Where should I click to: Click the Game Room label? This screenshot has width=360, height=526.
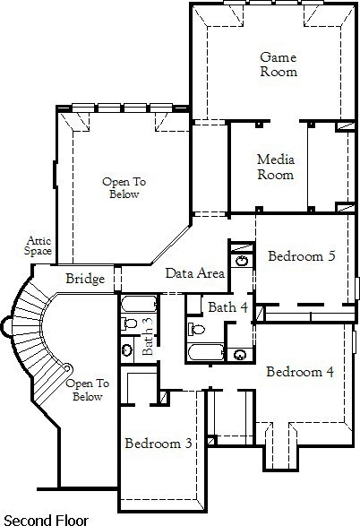pyautogui.click(x=279, y=65)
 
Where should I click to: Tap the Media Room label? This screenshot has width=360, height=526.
pyautogui.click(x=276, y=167)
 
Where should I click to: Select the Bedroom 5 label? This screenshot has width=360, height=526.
pyautogui.click(x=302, y=256)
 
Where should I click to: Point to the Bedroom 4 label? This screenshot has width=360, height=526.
pyautogui.click(x=300, y=372)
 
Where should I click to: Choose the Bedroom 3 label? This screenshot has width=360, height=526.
pyautogui.click(x=159, y=444)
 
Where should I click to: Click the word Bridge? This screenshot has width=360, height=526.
pyautogui.click(x=85, y=279)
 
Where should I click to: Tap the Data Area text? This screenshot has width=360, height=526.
pyautogui.click(x=195, y=273)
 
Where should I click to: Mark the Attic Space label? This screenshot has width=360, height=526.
pyautogui.click(x=38, y=246)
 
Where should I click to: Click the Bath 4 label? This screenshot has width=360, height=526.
pyautogui.click(x=227, y=306)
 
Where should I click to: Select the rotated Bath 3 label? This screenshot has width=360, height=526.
pyautogui.click(x=147, y=336)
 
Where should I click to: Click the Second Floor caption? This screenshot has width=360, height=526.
pyautogui.click(x=46, y=520)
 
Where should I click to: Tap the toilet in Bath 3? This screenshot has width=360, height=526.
pyautogui.click(x=129, y=323)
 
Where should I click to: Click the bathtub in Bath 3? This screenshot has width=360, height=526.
pyautogui.click(x=139, y=304)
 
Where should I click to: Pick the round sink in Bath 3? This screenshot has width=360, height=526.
pyautogui.click(x=127, y=349)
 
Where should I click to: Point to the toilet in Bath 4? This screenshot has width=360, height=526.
pyautogui.click(x=196, y=329)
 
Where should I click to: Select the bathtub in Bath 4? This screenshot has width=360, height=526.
pyautogui.click(x=206, y=352)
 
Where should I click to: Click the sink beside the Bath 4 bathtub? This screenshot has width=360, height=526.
pyautogui.click(x=240, y=355)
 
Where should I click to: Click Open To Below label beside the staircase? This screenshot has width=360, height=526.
pyautogui.click(x=88, y=390)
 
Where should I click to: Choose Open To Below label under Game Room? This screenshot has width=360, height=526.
pyautogui.click(x=124, y=188)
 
